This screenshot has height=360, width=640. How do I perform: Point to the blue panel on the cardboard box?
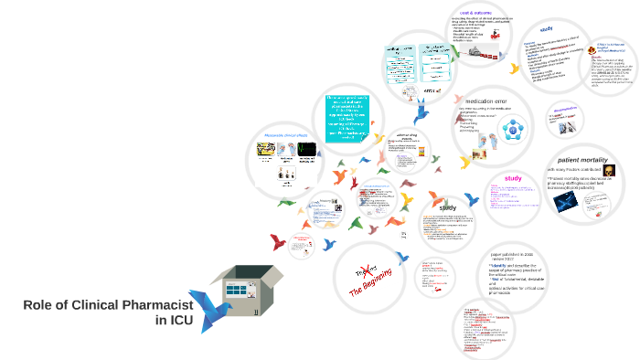pyautogui.click(x=239, y=289)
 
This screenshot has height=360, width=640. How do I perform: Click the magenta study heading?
pyautogui.click(x=513, y=178)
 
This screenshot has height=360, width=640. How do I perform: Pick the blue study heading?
pyautogui.click(x=546, y=28)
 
